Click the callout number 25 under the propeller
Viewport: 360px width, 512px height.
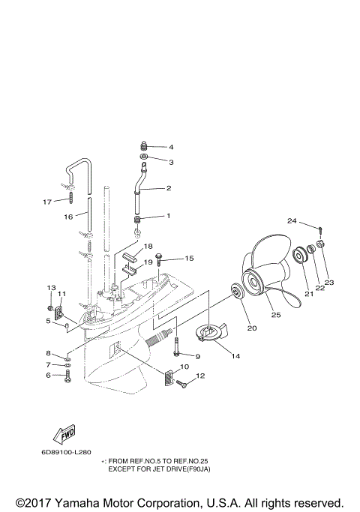coord(275,316)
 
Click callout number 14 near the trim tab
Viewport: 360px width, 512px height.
coord(235,356)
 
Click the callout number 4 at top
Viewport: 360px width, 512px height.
coord(170,147)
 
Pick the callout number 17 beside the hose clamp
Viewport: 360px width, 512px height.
coord(47,202)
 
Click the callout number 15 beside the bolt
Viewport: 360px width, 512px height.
coord(188,258)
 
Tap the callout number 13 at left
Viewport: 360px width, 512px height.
coord(52,288)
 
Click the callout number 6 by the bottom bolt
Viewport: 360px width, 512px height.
coord(48,375)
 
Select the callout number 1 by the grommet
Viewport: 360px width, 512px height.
coord(168,216)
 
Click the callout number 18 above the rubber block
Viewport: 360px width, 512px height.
coord(148,247)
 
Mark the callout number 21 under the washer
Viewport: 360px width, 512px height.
coord(307,295)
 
